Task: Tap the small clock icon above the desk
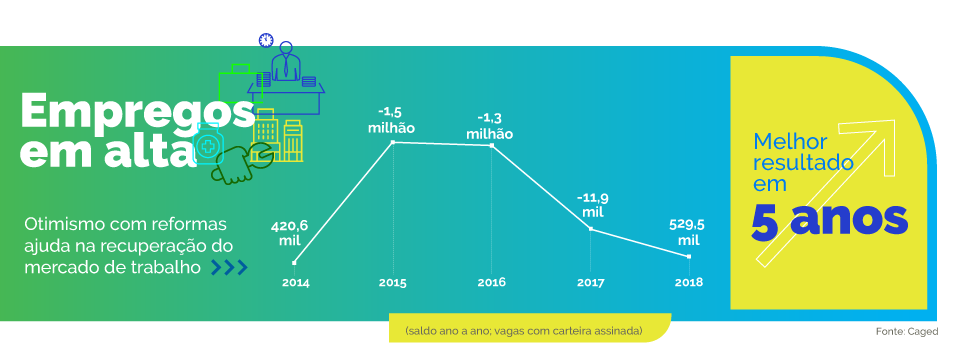tap(266, 40)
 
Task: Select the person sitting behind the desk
tap(287, 63)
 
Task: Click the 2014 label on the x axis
tap(295, 283)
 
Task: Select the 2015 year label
tap(392, 283)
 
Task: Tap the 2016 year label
tap(491, 283)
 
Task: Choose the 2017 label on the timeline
tap(591, 283)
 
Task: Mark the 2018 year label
tap(688, 283)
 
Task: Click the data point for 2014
tap(294, 263)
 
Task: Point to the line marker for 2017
tap(591, 229)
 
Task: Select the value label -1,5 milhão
tap(390, 120)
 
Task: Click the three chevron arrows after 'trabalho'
tap(229, 267)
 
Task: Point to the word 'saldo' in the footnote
tap(421, 330)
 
